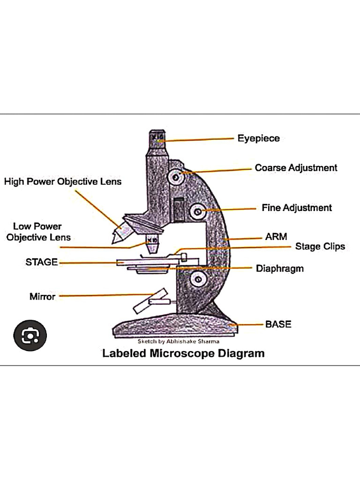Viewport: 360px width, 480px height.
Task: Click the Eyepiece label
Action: [258, 138]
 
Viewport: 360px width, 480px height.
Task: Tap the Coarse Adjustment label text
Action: [296, 168]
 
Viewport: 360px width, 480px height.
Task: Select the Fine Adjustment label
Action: [297, 208]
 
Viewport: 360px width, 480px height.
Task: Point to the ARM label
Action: [276, 237]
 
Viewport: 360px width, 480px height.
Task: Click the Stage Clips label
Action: [320, 246]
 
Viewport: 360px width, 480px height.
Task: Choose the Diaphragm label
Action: [279, 269]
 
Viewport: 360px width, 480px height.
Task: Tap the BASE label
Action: [278, 324]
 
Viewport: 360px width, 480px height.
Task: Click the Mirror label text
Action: [42, 296]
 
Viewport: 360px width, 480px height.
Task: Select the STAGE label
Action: [41, 262]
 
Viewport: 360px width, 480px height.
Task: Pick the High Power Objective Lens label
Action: [63, 181]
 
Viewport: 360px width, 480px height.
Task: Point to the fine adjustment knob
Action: [197, 212]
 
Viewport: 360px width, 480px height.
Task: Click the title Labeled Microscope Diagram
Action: [183, 353]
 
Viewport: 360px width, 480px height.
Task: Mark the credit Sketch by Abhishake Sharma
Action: [178, 342]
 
